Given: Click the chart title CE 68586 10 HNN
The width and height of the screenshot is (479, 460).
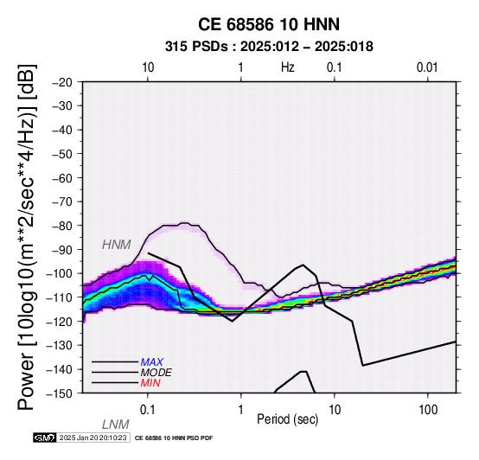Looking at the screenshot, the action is [269, 24].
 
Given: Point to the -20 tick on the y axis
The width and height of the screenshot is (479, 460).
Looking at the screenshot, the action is [62, 82].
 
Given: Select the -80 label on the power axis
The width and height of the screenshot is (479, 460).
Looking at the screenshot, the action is [62, 226].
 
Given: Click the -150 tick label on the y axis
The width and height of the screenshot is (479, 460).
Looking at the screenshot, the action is [60, 393].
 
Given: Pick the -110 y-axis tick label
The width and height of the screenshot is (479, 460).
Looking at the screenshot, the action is [60, 297].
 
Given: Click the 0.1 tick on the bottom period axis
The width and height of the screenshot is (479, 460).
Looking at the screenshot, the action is [148, 410].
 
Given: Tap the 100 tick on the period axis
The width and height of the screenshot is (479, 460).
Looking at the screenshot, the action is [428, 410].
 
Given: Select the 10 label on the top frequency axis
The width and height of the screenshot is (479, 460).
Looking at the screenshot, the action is [148, 67].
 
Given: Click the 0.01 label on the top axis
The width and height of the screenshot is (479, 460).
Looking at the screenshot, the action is [427, 67].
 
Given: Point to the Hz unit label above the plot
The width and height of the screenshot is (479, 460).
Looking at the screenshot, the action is [287, 67].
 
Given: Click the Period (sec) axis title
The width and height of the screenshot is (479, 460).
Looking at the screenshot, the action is [287, 419].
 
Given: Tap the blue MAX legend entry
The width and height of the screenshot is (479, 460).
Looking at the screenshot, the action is [152, 362].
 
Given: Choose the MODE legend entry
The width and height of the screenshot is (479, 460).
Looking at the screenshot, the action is [156, 373].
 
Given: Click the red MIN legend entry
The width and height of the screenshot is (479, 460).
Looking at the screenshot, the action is [150, 383].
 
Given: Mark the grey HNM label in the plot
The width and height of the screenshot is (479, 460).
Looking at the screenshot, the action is [117, 245].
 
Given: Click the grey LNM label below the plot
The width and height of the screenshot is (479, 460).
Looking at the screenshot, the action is [116, 425].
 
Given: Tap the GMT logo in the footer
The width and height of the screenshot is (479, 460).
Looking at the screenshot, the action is [45, 438].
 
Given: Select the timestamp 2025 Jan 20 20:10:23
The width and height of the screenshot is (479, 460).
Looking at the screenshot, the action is [93, 438].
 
